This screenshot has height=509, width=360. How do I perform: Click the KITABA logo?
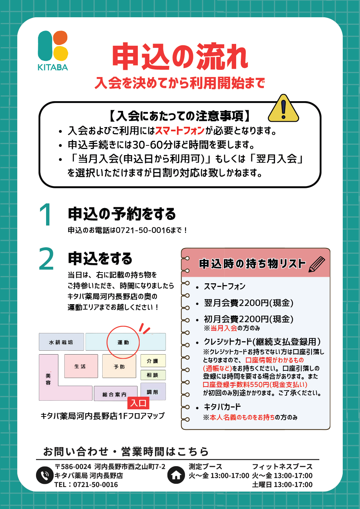53,50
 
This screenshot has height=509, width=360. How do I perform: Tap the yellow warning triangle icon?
283,109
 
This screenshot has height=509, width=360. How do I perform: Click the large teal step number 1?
46,215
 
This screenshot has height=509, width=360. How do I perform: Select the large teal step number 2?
46,259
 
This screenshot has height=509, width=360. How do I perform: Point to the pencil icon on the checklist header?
316,264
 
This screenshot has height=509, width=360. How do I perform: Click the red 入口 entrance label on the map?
139,403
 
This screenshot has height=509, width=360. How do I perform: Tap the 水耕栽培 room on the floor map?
61,342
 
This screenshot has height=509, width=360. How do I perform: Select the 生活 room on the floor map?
81,366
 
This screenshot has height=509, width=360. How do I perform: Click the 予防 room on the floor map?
119,366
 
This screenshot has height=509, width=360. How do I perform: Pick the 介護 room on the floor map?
153,361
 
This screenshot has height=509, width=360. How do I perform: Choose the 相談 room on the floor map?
153,375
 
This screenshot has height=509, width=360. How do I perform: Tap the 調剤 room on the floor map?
153,392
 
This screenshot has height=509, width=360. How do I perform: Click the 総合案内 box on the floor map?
114,394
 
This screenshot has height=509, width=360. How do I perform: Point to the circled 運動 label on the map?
123,342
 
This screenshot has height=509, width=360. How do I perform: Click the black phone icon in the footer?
45,475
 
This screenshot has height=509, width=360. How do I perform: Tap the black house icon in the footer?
176,475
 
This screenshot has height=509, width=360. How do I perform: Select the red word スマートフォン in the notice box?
180,130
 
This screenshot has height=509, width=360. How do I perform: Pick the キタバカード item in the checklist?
222,407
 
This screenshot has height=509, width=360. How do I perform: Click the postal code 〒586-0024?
73,467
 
